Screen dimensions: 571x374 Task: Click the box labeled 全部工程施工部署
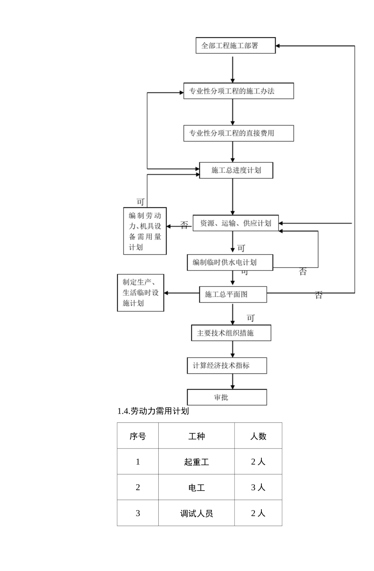(235, 46)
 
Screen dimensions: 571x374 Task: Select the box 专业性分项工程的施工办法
(239, 91)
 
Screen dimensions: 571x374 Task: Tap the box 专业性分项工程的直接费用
(239, 133)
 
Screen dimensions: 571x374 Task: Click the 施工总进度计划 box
(236, 170)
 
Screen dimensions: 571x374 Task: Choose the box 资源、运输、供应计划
(235, 223)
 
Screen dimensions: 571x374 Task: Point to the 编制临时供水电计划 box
(230, 262)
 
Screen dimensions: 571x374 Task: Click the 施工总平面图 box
(233, 294)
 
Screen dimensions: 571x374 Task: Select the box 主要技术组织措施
(231, 333)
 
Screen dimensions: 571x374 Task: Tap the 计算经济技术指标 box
(227, 365)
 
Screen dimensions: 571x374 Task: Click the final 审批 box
(227, 397)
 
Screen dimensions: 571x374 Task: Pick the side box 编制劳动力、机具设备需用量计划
(145, 231)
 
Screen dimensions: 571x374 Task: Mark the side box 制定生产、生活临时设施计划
(141, 293)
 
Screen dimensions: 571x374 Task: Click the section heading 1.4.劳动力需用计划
(153, 411)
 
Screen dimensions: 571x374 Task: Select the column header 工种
(196, 436)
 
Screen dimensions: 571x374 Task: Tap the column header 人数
(258, 436)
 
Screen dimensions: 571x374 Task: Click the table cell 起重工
(196, 461)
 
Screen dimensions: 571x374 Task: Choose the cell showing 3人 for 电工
(258, 487)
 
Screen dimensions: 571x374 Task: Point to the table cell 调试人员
(196, 513)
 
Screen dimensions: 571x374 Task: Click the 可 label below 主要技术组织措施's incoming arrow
(251, 318)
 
